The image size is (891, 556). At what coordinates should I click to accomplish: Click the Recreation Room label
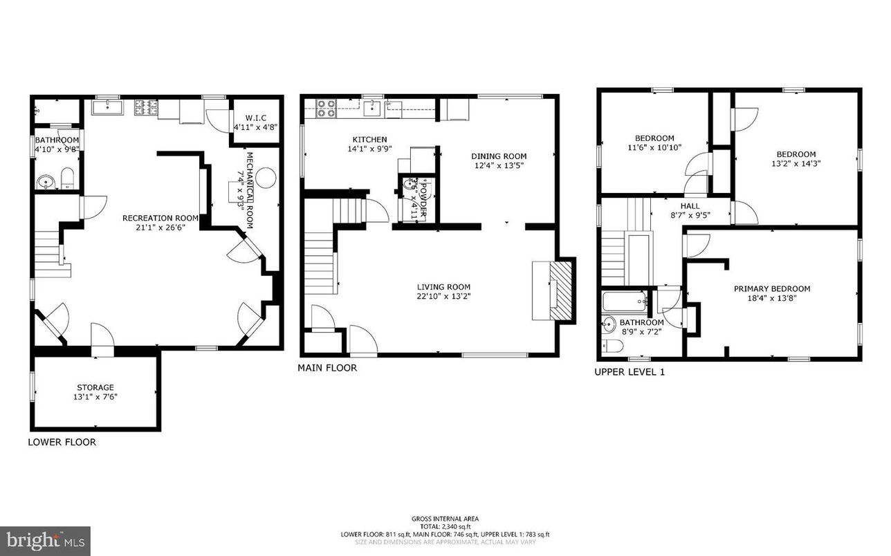pos(160,218)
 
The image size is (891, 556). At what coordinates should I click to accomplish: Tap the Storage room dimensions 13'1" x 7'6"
pos(95,397)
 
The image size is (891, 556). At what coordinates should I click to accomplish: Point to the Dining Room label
pos(499,156)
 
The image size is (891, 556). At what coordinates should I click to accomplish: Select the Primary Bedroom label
pos(771,289)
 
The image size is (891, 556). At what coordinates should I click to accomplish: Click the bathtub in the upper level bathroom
pos(625,302)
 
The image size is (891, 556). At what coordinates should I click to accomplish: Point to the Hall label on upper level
pos(689,206)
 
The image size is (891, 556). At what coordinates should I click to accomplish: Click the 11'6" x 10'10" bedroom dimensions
pos(654,147)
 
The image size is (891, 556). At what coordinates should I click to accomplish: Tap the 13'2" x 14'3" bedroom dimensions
pos(796,164)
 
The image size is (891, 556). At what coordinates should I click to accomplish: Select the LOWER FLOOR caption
pos(62,442)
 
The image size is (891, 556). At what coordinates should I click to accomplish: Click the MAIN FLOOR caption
pos(327,368)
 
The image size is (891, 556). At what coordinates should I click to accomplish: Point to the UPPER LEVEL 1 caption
pos(630,372)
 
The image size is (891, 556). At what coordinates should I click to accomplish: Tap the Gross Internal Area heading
pos(445,519)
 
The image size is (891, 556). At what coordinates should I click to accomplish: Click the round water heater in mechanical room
pos(269,178)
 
